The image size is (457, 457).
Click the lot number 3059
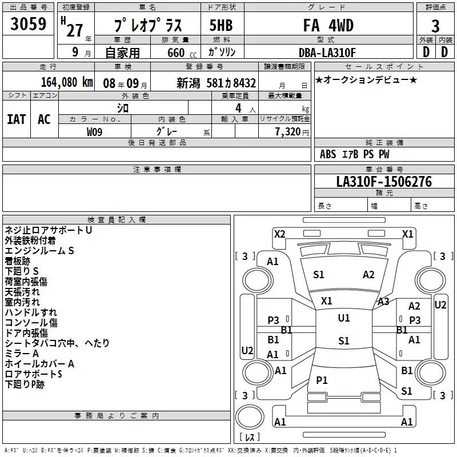29,25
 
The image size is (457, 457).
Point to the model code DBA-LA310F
327,53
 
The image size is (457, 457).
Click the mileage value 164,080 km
67,82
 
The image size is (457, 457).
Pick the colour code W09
94,132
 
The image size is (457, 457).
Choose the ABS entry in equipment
328,154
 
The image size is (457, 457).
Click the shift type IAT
16,119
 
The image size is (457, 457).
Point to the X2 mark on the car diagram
279,234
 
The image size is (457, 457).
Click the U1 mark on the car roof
343,318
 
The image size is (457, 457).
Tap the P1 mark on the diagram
322,380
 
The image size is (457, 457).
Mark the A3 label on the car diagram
383,302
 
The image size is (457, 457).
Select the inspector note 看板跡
18,261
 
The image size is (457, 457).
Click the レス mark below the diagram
249,437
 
